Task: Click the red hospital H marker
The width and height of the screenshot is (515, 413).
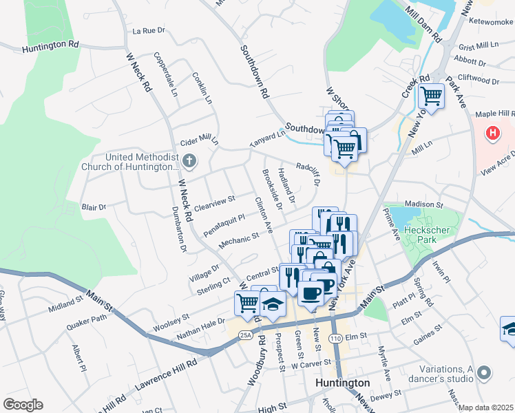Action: [x=493, y=132]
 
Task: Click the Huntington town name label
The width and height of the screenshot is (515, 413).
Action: [x=341, y=383]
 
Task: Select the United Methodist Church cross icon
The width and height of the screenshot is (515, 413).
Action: [x=190, y=162]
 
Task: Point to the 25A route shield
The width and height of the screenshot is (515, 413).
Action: [x=246, y=335]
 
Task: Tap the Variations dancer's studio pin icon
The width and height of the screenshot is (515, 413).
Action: [x=485, y=374]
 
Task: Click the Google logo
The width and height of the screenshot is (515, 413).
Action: [x=23, y=404]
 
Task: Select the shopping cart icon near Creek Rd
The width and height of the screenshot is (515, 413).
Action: [x=431, y=96]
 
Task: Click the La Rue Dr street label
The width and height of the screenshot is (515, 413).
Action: [x=149, y=31]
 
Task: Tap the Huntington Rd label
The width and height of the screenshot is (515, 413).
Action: [x=50, y=46]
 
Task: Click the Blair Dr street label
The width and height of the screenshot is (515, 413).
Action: [x=94, y=206]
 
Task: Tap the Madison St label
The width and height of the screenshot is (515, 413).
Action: [x=423, y=204]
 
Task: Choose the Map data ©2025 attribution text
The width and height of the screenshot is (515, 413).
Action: [x=486, y=407]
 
